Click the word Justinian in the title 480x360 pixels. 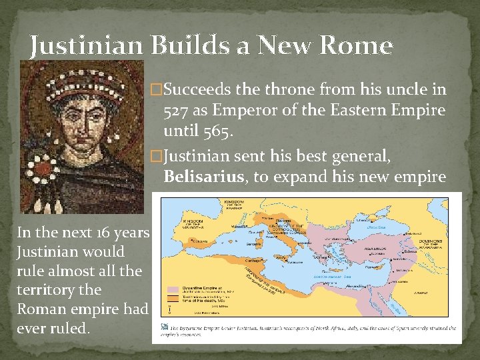(85, 45)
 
